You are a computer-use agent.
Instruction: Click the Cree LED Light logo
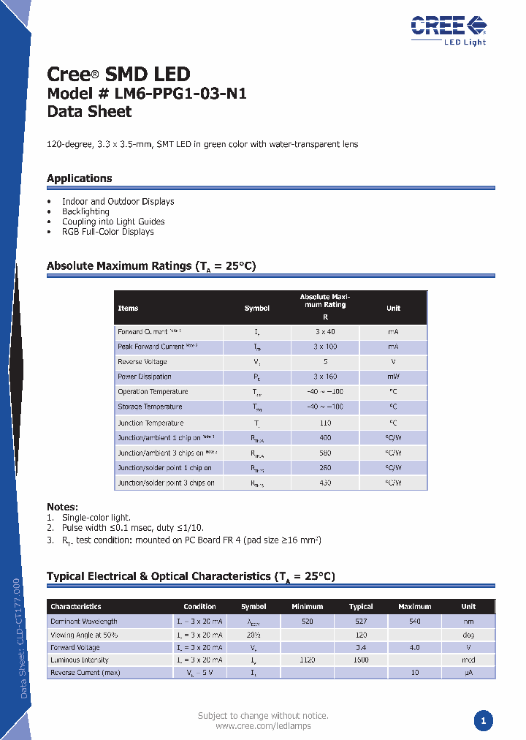(448, 29)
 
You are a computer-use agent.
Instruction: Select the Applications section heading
(80, 178)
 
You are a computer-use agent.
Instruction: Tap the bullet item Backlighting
(85, 211)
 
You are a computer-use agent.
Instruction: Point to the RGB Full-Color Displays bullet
(107, 232)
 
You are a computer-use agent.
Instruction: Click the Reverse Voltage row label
(142, 362)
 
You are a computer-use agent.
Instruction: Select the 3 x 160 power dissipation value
(325, 377)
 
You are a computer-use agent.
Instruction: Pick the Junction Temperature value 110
(325, 423)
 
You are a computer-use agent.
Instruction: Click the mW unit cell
(393, 377)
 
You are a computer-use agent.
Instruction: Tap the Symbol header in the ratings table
(257, 309)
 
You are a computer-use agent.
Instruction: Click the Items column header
(128, 309)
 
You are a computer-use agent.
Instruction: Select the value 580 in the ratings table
(325, 453)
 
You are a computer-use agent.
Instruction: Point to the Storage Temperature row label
(150, 407)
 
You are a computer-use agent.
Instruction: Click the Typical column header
(361, 607)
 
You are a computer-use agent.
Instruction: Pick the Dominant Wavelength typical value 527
(361, 621)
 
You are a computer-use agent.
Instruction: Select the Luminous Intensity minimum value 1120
(308, 660)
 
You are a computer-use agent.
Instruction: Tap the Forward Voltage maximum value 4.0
(415, 647)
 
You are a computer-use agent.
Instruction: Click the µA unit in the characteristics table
(468, 672)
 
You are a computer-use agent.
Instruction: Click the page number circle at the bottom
(482, 721)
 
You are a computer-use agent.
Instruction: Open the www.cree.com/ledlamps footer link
(263, 726)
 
